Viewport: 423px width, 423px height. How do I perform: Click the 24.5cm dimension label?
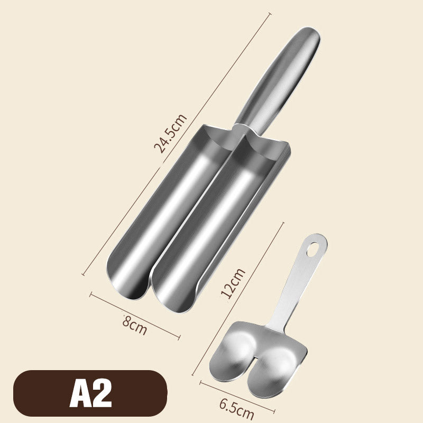tap(170, 134)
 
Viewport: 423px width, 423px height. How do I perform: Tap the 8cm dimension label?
tap(134, 325)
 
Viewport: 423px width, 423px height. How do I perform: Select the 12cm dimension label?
tap(233, 283)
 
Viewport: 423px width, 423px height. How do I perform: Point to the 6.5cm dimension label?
tap(236, 409)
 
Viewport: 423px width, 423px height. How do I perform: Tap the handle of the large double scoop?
tap(278, 80)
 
